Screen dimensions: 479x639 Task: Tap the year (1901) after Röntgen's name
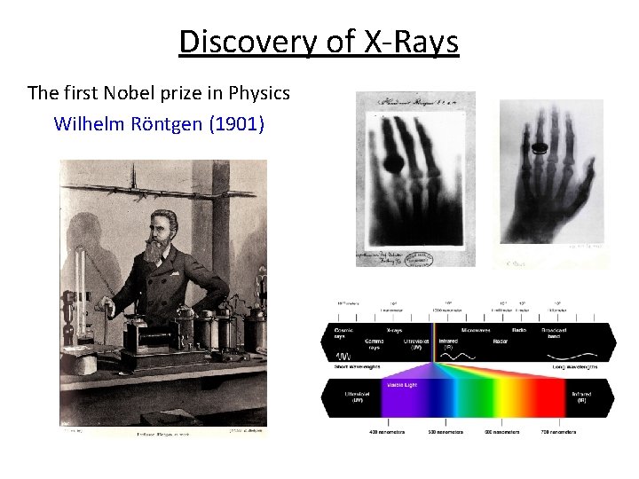coord(236,123)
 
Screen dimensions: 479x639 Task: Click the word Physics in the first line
coord(259,92)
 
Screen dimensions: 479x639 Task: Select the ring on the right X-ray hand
coord(538,150)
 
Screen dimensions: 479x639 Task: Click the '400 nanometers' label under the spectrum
coord(387,432)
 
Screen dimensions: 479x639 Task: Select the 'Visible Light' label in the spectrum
coord(401,385)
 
